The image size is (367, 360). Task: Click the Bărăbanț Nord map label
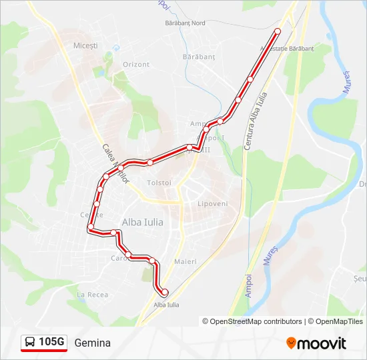tap(186, 23)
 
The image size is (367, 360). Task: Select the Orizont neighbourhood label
tap(136, 64)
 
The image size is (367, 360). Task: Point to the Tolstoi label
tap(159, 183)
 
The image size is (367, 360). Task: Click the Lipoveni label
tap(213, 203)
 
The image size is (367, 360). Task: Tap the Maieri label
tap(185, 261)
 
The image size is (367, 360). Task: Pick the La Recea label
tap(92, 294)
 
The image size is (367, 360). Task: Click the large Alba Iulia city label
tap(142, 222)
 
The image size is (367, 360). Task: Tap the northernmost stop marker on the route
tap(278, 31)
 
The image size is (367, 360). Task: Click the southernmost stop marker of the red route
tap(164, 292)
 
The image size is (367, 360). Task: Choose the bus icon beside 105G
tap(30, 343)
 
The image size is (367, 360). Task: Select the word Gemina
tap(93, 343)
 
